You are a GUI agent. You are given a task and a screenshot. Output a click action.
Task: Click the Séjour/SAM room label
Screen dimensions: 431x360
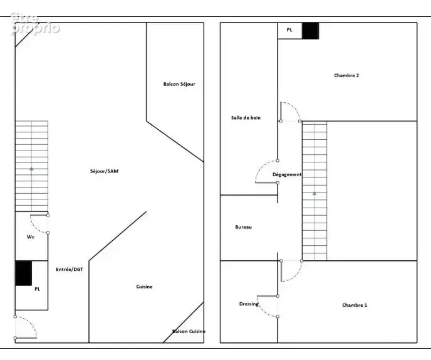pyautogui.click(x=104, y=171)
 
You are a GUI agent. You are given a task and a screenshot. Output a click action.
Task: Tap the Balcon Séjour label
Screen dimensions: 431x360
pyautogui.click(x=179, y=84)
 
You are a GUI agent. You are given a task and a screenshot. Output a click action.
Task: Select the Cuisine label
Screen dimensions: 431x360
pyautogui.click(x=144, y=287)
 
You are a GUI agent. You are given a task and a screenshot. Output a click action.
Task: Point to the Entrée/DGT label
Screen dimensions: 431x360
pyautogui.click(x=70, y=270)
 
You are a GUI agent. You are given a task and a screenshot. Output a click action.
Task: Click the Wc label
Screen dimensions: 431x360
pyautogui.click(x=31, y=237)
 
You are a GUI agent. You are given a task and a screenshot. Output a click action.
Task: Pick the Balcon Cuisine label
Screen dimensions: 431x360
pyautogui.click(x=189, y=331)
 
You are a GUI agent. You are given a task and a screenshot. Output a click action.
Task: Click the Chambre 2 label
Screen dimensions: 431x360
pyautogui.click(x=346, y=75)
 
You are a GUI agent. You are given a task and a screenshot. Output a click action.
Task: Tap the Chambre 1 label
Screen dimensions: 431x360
pyautogui.click(x=355, y=305)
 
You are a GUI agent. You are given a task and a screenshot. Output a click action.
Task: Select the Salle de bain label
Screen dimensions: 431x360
pyautogui.click(x=246, y=118)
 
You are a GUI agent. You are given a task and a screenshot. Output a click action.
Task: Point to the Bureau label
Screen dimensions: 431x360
pyautogui.click(x=244, y=227)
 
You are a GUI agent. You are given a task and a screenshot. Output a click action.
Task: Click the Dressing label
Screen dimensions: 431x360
pyautogui.click(x=249, y=304)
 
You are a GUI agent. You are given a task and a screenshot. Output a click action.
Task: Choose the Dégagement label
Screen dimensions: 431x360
pyautogui.click(x=287, y=174)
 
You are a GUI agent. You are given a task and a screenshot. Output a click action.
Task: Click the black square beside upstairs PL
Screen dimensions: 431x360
pyautogui.click(x=310, y=31)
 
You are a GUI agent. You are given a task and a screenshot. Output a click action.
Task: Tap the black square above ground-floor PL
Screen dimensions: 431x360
pyautogui.click(x=23, y=273)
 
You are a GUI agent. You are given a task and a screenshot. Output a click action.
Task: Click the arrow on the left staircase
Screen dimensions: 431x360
pyautogui.click(x=31, y=169)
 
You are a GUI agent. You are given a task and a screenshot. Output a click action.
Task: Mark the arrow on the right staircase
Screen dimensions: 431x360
pyautogui.click(x=314, y=194)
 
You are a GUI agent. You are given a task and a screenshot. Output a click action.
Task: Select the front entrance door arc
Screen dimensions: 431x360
pyautogui.click(x=31, y=322)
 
